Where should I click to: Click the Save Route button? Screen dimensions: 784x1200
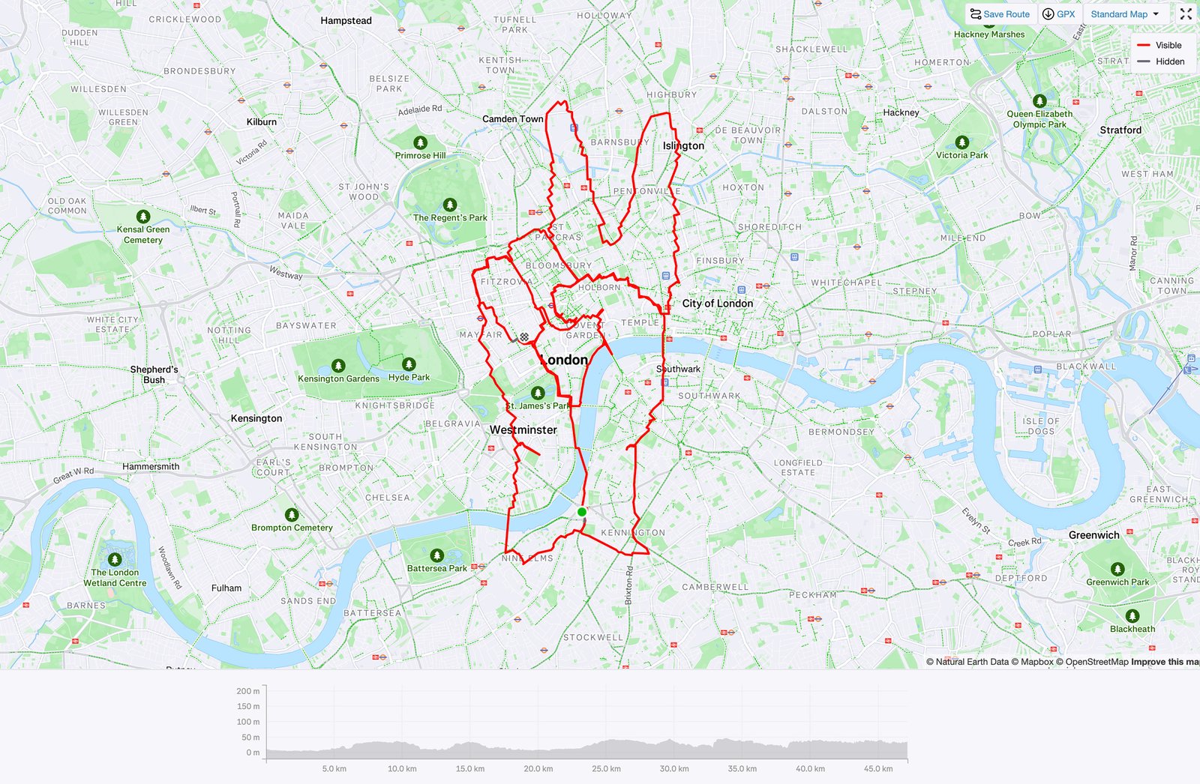(1000, 14)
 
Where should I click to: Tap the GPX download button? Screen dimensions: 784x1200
(1059, 14)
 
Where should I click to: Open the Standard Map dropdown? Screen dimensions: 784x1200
(1124, 14)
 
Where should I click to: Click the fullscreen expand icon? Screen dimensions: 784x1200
(1186, 14)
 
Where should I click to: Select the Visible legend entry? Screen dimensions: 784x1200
(1160, 45)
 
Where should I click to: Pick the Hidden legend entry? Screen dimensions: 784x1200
(1160, 61)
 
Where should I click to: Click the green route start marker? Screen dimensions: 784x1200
(582, 512)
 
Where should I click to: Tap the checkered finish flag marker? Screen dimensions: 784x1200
(524, 337)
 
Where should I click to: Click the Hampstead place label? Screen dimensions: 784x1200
(346, 20)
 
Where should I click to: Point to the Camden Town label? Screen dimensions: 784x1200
(513, 118)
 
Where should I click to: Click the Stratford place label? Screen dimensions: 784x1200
(1120, 130)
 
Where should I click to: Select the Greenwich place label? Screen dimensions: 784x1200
(1093, 534)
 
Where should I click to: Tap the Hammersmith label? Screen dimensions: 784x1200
(151, 466)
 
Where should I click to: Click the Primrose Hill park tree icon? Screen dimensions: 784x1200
(420, 142)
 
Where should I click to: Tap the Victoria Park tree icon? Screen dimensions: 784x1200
(962, 142)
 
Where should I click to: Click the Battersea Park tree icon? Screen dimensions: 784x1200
(437, 555)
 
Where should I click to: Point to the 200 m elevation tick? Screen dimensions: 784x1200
(248, 691)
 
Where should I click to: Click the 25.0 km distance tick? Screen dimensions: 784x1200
(606, 768)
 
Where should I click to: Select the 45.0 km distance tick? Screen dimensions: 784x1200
(878, 768)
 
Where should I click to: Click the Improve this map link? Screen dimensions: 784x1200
(1165, 662)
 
